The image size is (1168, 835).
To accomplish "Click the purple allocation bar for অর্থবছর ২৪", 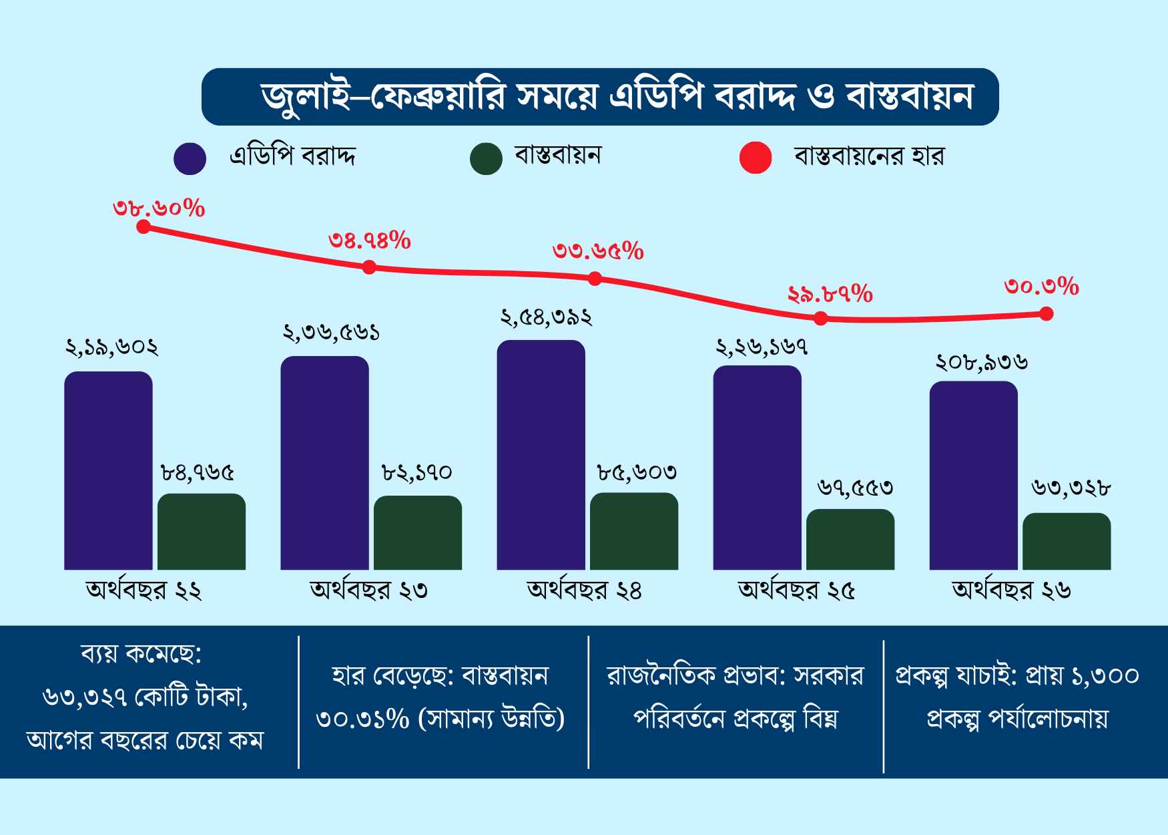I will [x=541, y=454].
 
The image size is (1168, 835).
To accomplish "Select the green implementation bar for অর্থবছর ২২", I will [x=202, y=532].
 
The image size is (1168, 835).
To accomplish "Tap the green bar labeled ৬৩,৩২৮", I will [x=1067, y=541].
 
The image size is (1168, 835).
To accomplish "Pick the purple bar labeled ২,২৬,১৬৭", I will [x=757, y=468].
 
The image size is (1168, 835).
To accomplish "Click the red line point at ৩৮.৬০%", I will [x=143, y=227].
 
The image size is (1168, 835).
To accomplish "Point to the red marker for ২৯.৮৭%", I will [x=821, y=319].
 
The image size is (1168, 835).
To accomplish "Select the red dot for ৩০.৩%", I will [x=1046, y=314].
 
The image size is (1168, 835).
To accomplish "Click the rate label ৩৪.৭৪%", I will [x=369, y=240].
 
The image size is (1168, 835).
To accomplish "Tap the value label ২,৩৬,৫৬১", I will [x=331, y=333].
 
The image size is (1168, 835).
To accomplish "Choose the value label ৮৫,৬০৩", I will [x=637, y=473].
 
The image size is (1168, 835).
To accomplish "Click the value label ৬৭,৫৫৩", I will [x=855, y=488].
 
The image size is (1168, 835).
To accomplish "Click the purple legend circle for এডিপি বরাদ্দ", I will [x=190, y=159].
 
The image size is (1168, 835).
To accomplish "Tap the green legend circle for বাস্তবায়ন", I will [x=486, y=159].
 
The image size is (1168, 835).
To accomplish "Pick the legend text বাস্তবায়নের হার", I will [x=869, y=156].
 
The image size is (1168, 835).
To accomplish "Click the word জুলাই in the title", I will [x=306, y=98].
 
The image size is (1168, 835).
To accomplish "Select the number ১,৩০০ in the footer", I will [x=1105, y=676].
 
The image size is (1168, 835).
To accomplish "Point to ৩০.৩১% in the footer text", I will [x=362, y=719].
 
